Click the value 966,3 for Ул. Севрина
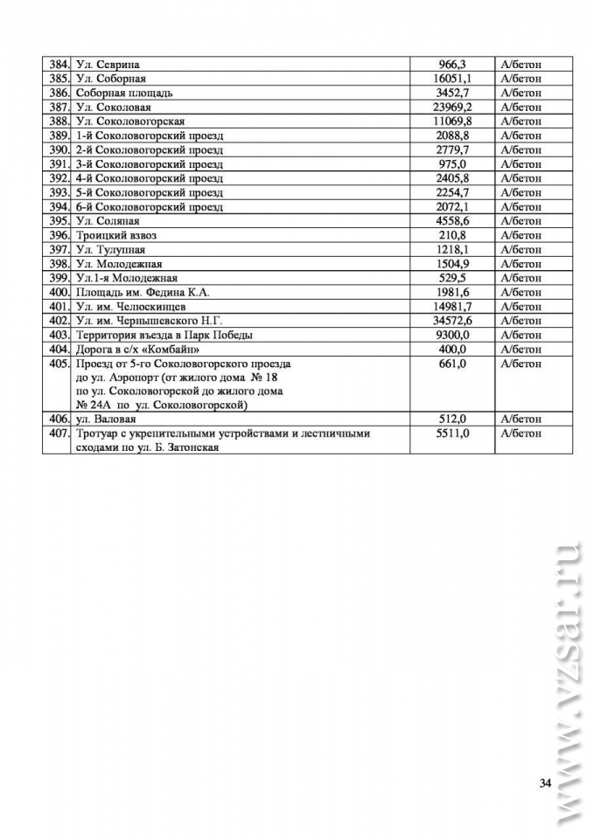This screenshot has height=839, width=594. pyautogui.click(x=452, y=65)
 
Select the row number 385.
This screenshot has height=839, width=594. pyautogui.click(x=59, y=79)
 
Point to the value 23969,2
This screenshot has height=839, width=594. pyautogui.click(x=452, y=107)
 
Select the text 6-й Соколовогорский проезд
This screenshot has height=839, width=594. pyautogui.click(x=150, y=207)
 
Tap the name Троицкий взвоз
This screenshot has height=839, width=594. pyautogui.click(x=116, y=235)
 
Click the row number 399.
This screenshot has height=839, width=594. pyautogui.click(x=59, y=278)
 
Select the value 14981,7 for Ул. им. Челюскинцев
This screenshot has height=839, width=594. pyautogui.click(x=452, y=307)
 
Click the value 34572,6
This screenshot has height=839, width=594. pyautogui.click(x=452, y=321)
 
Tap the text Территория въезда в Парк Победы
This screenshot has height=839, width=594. pyautogui.click(x=165, y=335)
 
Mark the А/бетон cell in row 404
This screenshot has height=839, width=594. pyautogui.click(x=521, y=350)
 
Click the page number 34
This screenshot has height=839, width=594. pyautogui.click(x=545, y=782)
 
